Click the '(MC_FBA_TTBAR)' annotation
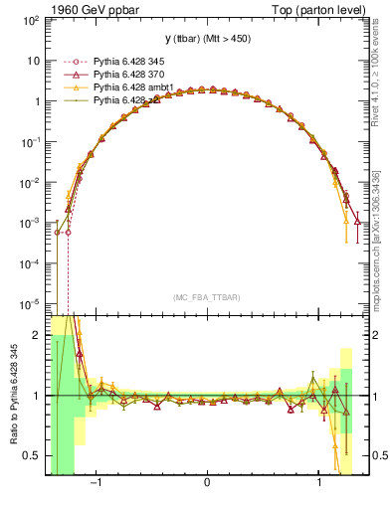tap(206, 297)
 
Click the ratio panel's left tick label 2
tap(37, 335)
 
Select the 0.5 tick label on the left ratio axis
tap(32, 455)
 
